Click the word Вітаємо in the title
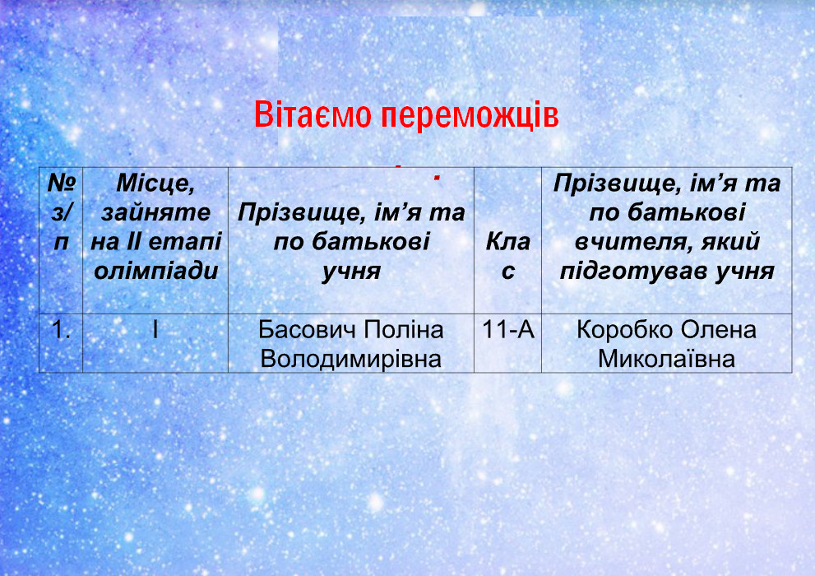(x=313, y=115)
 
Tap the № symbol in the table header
(x=62, y=183)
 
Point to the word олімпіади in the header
(x=156, y=271)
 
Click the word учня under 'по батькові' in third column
(x=351, y=272)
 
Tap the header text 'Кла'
(x=507, y=242)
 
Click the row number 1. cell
(x=62, y=330)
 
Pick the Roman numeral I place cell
(x=155, y=330)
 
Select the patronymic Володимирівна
(x=351, y=360)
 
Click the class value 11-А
(x=507, y=330)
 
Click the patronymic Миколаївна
(x=666, y=360)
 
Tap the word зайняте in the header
(x=156, y=212)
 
